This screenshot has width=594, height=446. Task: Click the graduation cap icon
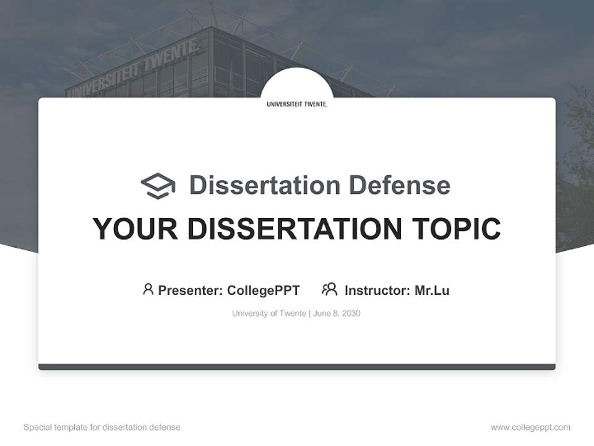(158, 186)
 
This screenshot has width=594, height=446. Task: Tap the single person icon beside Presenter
(148, 289)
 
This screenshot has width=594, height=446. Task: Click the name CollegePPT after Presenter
(263, 291)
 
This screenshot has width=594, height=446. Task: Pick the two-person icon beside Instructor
(329, 289)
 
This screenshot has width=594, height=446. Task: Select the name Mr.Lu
(432, 291)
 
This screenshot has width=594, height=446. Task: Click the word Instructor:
(377, 291)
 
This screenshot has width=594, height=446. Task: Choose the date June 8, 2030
(337, 313)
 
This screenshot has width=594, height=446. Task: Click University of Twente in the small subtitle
(269, 313)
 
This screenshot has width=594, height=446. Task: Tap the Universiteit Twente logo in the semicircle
(297, 104)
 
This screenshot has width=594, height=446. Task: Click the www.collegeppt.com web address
(530, 427)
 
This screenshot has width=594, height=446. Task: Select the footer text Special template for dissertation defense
(101, 427)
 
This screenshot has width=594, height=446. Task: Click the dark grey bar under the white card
(297, 367)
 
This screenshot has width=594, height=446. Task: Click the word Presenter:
(190, 291)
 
